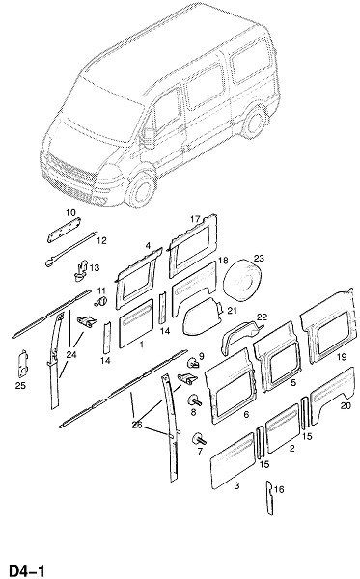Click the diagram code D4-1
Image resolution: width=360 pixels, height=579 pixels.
(x=27, y=570)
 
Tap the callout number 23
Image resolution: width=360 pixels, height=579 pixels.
(x=259, y=258)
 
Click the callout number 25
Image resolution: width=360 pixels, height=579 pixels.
(x=20, y=385)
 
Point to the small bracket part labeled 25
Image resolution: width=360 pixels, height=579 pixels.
(x=23, y=364)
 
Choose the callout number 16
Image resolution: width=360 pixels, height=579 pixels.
(x=279, y=489)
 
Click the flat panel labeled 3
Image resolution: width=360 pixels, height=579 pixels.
(x=233, y=461)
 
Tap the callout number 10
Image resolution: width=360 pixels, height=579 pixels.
(x=70, y=212)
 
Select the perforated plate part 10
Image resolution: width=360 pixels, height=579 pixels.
(x=65, y=230)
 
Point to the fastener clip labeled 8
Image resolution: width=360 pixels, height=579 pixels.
(x=196, y=400)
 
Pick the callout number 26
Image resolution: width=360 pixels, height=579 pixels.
(x=137, y=425)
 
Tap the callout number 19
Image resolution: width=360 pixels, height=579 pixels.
(x=342, y=357)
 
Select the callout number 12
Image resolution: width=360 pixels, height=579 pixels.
(x=101, y=240)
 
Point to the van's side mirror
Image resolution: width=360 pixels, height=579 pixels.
(x=149, y=137)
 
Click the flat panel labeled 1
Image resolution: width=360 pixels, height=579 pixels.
(x=136, y=322)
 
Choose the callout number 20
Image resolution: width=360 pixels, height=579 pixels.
(x=346, y=406)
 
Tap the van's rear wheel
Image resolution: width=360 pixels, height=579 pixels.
(x=255, y=123)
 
